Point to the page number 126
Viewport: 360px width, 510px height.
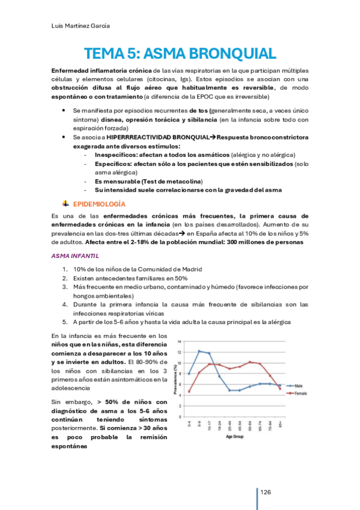point(265,493)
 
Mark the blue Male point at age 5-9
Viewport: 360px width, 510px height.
point(199,351)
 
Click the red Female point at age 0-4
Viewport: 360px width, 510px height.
point(189,392)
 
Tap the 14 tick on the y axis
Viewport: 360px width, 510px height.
point(180,341)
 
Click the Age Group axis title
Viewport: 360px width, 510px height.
point(234,437)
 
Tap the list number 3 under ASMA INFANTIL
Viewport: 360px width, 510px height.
point(64,287)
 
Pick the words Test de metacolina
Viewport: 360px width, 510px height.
point(174,181)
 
